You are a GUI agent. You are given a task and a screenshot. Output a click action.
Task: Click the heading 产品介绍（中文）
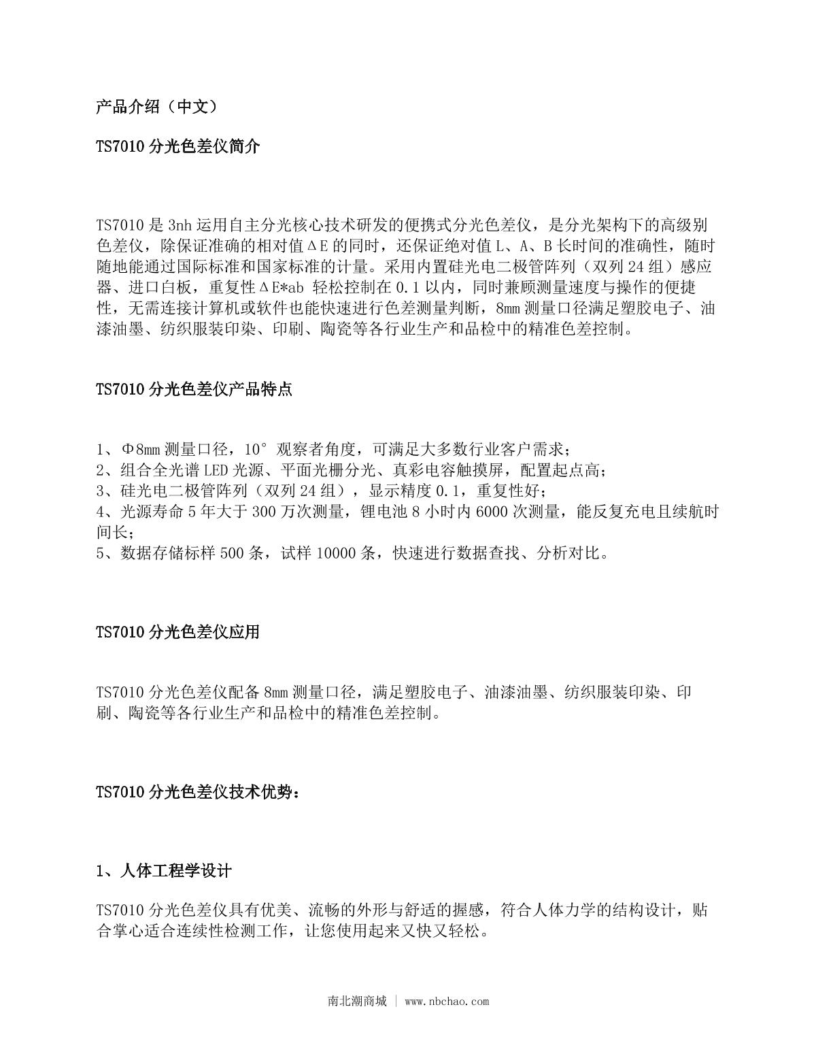tap(156, 106)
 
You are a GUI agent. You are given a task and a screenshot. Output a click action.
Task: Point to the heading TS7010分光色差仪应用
tap(177, 631)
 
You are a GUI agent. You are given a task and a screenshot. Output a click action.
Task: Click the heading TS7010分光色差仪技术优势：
tap(198, 792)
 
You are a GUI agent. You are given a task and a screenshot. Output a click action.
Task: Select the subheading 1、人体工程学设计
tap(164, 871)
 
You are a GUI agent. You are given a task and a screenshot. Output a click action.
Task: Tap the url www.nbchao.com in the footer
tap(447, 1001)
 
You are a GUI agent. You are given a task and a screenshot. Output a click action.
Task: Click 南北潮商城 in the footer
tap(357, 1001)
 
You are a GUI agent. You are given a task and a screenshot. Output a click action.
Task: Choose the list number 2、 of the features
tap(107, 470)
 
